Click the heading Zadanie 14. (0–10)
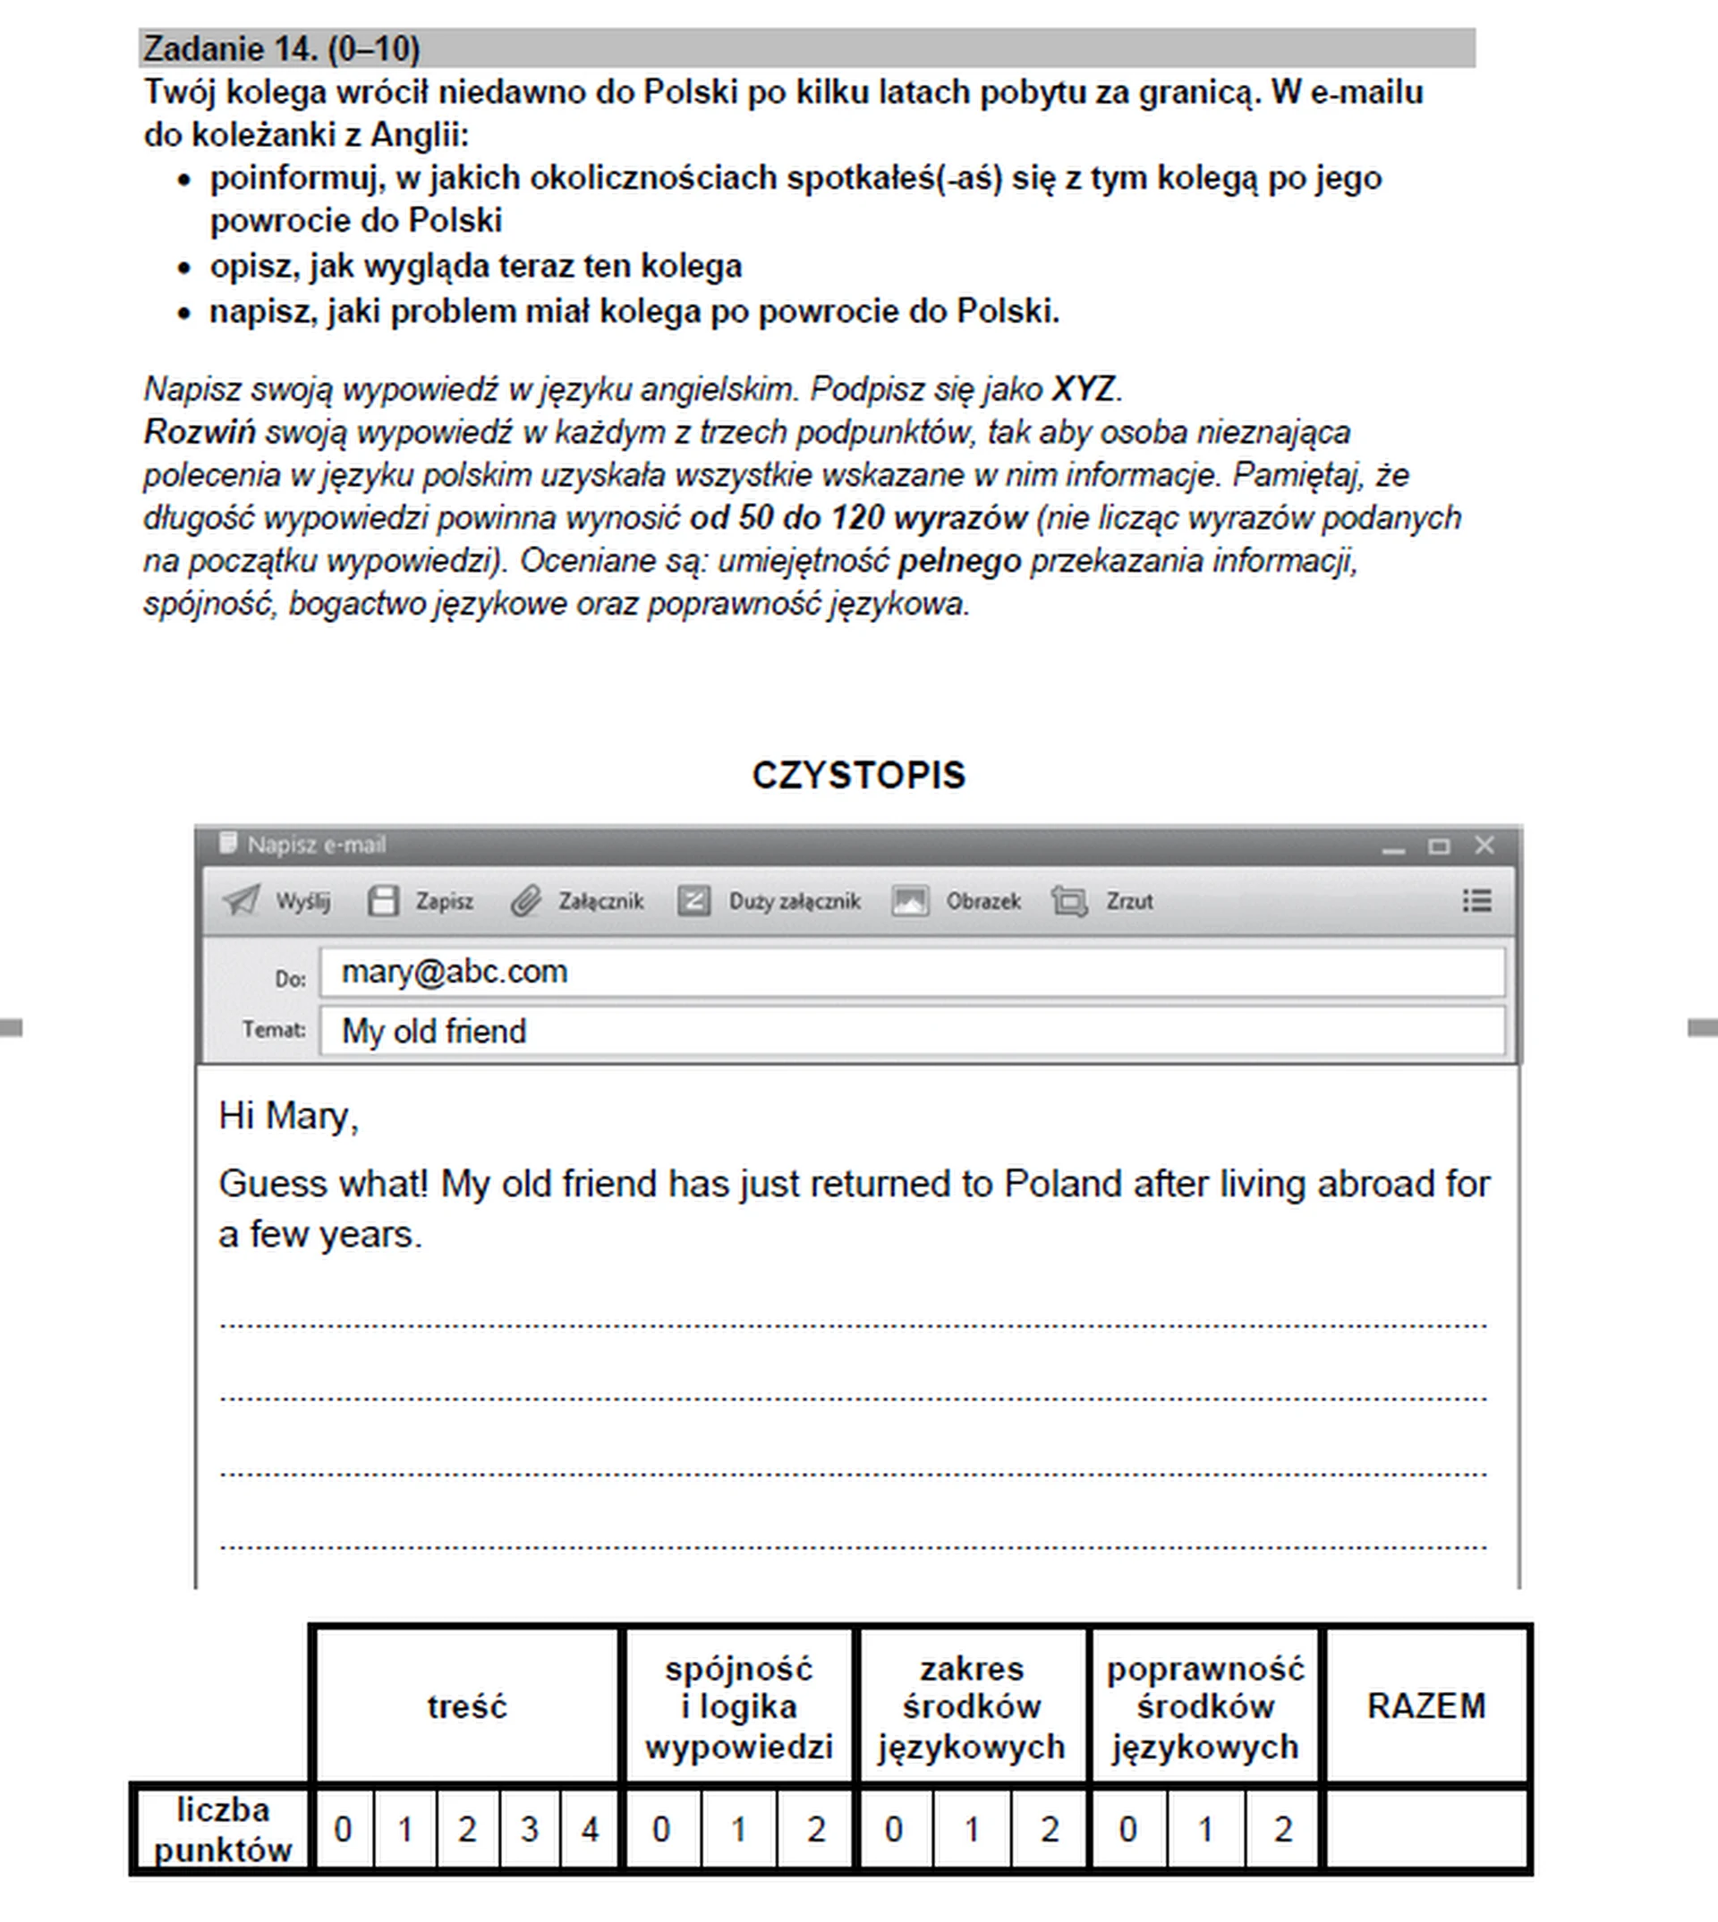(281, 48)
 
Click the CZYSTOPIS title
(858, 775)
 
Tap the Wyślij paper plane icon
(241, 900)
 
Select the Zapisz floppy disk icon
(382, 900)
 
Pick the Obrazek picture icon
(910, 900)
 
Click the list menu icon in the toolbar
(1476, 900)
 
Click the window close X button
(1484, 845)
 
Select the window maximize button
(1439, 846)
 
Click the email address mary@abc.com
(454, 972)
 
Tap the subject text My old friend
(433, 1031)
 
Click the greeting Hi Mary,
(288, 1116)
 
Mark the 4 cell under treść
(590, 1831)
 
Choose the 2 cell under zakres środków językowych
(1049, 1831)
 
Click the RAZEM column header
(1425, 1706)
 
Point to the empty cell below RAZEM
(1425, 1831)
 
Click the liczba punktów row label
(223, 1831)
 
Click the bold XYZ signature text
(1083, 389)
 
